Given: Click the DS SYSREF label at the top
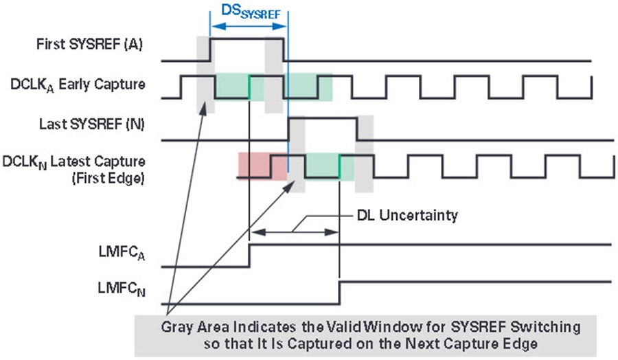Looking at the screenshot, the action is [x=251, y=12].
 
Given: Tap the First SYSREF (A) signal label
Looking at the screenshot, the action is [x=89, y=44].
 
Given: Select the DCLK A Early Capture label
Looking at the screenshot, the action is [x=78, y=85].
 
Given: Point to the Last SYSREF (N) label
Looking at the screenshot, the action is [x=92, y=124].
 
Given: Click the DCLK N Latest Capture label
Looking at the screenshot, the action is [x=73, y=162].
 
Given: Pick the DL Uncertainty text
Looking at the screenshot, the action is [x=407, y=215].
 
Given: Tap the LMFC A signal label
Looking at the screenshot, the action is [x=122, y=253].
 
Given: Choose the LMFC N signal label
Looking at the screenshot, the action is [x=122, y=289].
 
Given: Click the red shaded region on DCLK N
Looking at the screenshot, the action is [x=262, y=166].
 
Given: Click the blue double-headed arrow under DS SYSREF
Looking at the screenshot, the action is [x=249, y=26].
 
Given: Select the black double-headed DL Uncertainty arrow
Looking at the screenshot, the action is [x=295, y=232].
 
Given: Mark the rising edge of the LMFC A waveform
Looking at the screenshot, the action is [x=250, y=256].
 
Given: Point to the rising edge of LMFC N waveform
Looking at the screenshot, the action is [x=340, y=293].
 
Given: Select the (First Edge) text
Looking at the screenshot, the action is [x=108, y=178].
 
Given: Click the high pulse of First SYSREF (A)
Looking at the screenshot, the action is [x=247, y=38].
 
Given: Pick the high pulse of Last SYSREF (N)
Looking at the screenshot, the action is [x=323, y=117].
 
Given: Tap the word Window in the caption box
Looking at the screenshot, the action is [x=395, y=327].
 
